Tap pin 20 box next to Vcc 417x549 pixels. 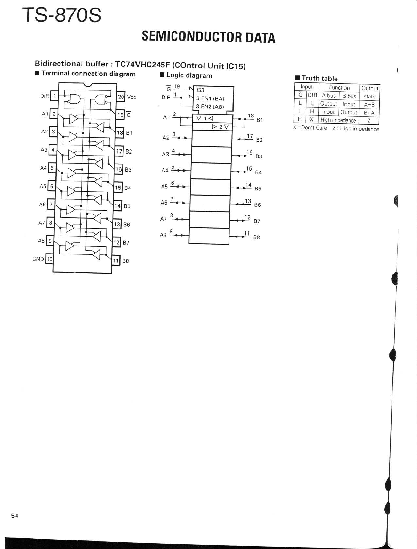pyautogui.click(x=121, y=97)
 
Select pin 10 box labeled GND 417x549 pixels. pyautogui.click(x=50, y=259)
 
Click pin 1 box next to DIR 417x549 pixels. pyautogui.click(x=54, y=96)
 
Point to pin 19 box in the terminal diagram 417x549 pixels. pyautogui.click(x=120, y=115)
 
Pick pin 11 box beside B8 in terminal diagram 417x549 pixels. pyautogui.click(x=116, y=261)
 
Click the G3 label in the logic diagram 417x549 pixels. pyautogui.click(x=201, y=90)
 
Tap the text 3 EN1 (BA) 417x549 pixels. pyautogui.click(x=210, y=99)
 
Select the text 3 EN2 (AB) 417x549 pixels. pyautogui.click(x=210, y=107)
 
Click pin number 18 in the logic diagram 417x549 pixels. pyautogui.click(x=251, y=116)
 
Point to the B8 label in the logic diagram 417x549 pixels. pyautogui.click(x=256, y=237)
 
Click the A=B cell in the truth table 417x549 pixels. pyautogui.click(x=369, y=104)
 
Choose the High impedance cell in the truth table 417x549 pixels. pyautogui.click(x=338, y=120)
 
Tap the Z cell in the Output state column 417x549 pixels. pyautogui.click(x=369, y=120)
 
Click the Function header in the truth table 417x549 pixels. pyautogui.click(x=339, y=88)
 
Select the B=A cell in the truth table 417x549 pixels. pyautogui.click(x=369, y=112)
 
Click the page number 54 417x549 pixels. pyautogui.click(x=15, y=516)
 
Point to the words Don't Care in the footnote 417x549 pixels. pyautogui.click(x=314, y=128)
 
